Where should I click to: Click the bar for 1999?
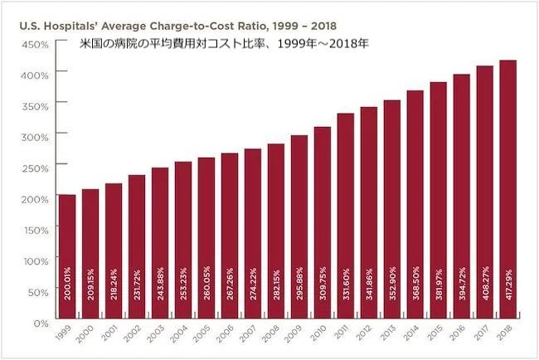tap(67, 256)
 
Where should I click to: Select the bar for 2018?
tap(508, 189)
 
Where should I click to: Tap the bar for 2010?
tap(323, 223)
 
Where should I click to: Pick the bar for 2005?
tap(206, 238)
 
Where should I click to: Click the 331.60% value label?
tap(346, 284)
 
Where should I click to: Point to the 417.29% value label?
tap(509, 284)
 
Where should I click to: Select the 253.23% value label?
tap(183, 284)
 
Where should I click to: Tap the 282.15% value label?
tap(276, 285)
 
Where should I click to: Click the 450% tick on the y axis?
tap(35, 45)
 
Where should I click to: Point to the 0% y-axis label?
tap(41, 324)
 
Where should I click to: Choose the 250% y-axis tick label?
tap(35, 168)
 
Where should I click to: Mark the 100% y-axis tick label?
tap(36, 261)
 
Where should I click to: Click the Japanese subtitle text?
tap(224, 44)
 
